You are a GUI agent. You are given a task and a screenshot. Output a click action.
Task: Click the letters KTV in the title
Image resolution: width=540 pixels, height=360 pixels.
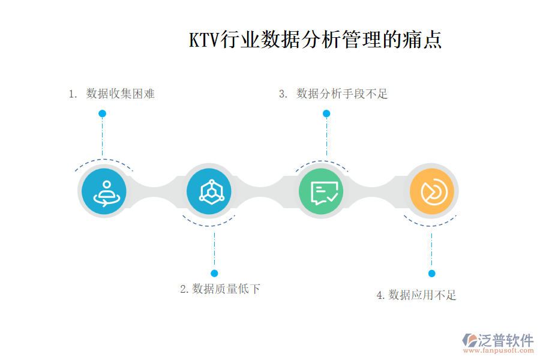click(205, 40)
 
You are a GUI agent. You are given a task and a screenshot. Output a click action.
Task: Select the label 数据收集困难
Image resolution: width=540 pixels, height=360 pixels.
click(120, 94)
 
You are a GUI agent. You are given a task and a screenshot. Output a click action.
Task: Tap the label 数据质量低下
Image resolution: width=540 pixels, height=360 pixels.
click(226, 289)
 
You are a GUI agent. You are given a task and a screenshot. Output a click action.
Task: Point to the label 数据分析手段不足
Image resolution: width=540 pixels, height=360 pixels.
click(342, 94)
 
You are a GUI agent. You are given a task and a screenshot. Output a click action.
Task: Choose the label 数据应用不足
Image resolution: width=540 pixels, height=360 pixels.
click(422, 295)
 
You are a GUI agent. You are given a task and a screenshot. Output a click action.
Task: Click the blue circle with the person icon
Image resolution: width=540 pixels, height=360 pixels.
click(104, 192)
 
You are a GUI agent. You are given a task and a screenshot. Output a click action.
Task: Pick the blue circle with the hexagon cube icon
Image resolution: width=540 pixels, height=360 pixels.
click(209, 192)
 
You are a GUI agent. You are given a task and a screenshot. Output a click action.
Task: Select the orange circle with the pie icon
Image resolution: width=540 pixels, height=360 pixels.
click(432, 192)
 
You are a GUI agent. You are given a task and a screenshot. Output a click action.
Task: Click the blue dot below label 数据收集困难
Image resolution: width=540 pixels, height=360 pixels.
click(103, 113)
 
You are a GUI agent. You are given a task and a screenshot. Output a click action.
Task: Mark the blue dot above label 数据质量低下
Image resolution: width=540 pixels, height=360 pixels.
click(214, 274)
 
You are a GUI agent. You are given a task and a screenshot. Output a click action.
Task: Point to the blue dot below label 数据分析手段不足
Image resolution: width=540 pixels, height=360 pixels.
click(326, 113)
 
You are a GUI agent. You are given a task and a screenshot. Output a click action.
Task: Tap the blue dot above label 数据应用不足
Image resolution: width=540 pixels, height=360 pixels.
click(431, 274)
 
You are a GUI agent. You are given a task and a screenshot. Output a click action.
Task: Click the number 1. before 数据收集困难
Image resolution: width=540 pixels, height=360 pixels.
click(73, 94)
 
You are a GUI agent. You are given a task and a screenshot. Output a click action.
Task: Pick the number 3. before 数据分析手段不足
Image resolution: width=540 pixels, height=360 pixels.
click(284, 94)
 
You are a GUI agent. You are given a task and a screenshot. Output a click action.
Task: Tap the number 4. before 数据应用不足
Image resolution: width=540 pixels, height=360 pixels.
click(380, 295)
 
